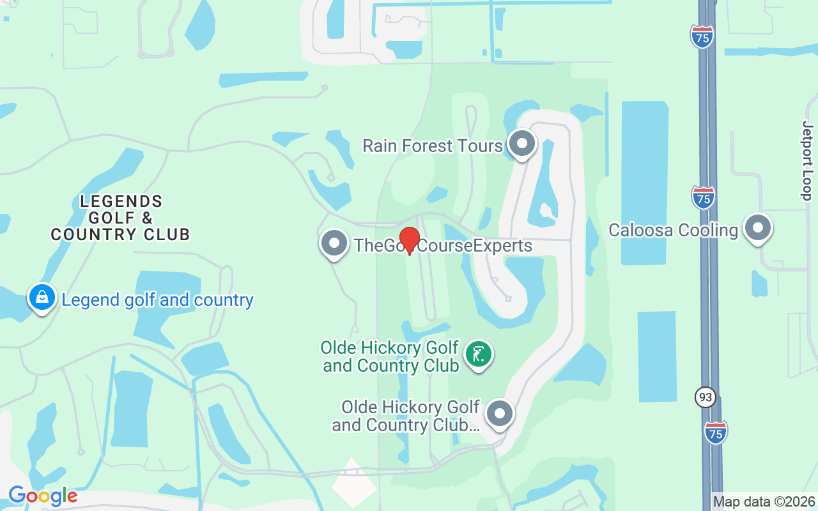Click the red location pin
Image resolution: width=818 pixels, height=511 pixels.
409,240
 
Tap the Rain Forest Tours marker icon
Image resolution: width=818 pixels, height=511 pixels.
522,144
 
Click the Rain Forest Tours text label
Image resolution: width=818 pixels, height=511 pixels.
433,146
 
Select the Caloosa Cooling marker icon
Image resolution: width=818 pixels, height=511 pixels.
759,228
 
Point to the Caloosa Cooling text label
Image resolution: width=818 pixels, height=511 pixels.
673,230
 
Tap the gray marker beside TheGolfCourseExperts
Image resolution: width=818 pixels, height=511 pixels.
334,243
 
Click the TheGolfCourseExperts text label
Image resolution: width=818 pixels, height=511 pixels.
443,246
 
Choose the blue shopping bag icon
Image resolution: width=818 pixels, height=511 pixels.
42,298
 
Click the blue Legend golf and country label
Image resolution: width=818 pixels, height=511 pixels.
157,300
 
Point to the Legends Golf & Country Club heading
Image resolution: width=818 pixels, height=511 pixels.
121,218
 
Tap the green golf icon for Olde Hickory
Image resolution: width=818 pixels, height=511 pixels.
479,354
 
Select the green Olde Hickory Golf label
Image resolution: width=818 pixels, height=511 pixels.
390,356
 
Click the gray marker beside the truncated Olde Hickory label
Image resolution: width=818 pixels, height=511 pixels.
500,414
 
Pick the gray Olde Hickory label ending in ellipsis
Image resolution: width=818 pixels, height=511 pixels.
406,416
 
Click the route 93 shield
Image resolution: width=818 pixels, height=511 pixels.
705,397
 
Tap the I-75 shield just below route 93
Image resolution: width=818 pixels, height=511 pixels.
716,432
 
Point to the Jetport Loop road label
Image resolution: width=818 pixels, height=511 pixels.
807,160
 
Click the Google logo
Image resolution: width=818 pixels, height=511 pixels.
43,495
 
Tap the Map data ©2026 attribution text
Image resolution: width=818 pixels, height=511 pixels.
764,501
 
